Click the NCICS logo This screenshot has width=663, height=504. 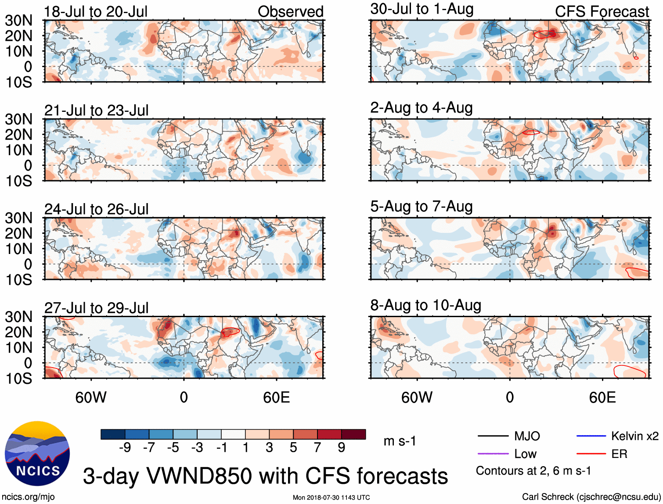[37, 454]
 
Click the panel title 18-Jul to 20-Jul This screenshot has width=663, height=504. [96, 11]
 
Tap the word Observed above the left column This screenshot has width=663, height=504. [290, 11]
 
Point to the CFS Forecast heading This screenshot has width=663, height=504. [602, 11]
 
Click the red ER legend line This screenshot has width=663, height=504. [591, 454]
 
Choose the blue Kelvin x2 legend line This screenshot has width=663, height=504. [591, 436]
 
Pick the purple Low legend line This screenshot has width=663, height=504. [493, 454]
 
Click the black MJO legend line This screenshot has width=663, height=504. [493, 436]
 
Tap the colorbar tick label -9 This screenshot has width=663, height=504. [125, 447]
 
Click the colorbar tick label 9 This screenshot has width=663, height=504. [342, 447]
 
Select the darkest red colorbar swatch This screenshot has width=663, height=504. [353, 434]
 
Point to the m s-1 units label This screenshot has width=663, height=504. [400, 441]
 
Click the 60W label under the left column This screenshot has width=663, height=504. [91, 397]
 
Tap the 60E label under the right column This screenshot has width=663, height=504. [602, 397]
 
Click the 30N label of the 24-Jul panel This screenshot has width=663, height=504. [18, 218]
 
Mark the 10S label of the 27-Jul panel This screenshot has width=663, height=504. [18, 379]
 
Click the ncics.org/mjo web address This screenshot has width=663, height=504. [28, 497]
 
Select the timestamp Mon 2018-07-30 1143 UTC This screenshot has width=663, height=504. [331, 497]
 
